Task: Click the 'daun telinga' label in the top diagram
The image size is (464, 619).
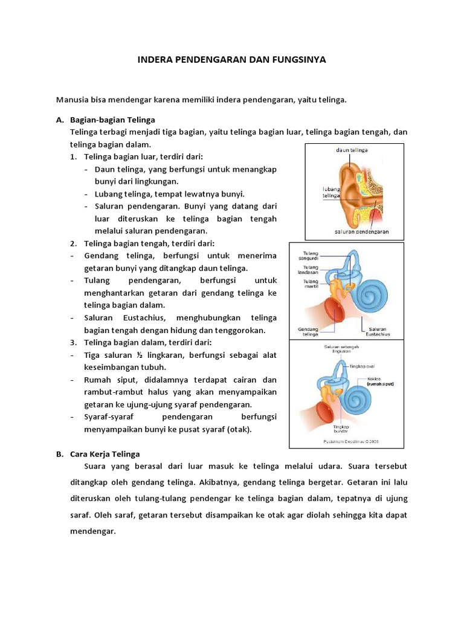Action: [352, 149]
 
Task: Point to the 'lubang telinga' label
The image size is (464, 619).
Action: [330, 192]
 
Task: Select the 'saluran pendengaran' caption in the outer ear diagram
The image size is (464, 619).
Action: [361, 232]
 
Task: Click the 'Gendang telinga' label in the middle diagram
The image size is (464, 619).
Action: [308, 331]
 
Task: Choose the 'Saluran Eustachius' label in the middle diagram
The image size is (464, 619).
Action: [376, 331]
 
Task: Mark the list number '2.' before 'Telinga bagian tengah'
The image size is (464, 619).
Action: [72, 243]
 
